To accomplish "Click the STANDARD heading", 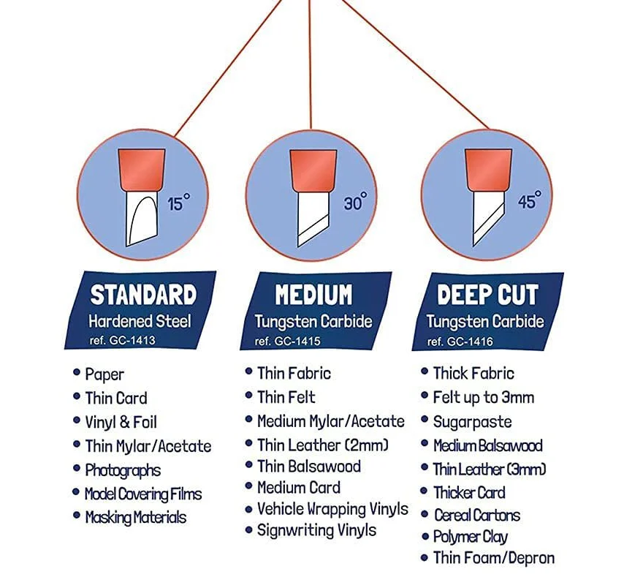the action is click(x=143, y=295).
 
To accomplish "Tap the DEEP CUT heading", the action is click(x=487, y=295).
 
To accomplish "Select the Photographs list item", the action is click(x=122, y=470).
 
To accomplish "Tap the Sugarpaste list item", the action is click(x=472, y=422).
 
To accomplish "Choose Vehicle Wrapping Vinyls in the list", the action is click(x=332, y=509).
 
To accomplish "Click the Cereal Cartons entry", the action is click(x=476, y=515).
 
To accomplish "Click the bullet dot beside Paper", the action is click(x=77, y=373).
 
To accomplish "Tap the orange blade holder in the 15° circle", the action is click(x=141, y=167).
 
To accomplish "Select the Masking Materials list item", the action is click(x=135, y=517).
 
